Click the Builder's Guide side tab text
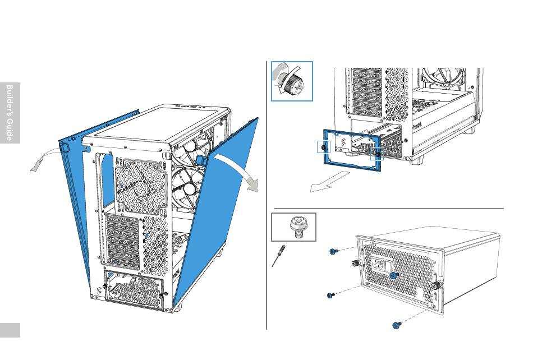pos(10,113)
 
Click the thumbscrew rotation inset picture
pos(291,81)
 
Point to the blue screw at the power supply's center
pos(394,275)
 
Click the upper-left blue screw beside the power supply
pos(333,252)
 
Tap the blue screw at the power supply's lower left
pos(330,294)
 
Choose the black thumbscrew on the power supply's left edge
pos(355,263)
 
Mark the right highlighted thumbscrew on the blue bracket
pos(377,154)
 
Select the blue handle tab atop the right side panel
pos(200,159)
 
